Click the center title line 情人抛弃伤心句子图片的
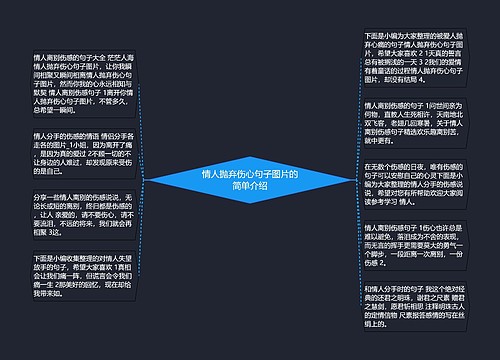pyautogui.click(x=249, y=174)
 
